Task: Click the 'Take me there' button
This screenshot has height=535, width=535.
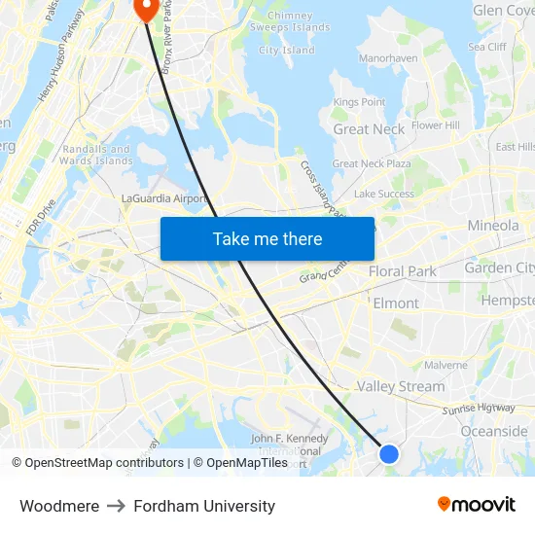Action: [267, 238]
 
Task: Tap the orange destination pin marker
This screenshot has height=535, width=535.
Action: [146, 9]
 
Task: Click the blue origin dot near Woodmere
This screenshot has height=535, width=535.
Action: [388, 453]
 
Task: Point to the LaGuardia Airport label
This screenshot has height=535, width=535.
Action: [163, 198]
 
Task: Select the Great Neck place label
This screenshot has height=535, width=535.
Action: [369, 129]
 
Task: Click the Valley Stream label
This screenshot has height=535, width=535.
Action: [400, 386]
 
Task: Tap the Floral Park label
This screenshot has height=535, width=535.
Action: [403, 271]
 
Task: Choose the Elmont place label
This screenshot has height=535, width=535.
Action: [396, 303]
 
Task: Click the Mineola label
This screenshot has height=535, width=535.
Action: [493, 226]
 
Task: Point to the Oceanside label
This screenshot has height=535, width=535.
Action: [494, 431]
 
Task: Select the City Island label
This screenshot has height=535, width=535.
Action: [287, 51]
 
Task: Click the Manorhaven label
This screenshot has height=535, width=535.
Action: [388, 58]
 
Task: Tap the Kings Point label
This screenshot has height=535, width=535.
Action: [359, 102]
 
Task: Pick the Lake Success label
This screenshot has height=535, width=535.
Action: [383, 194]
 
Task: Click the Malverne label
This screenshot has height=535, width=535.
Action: [446, 365]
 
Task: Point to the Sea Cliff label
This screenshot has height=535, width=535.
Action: [487, 47]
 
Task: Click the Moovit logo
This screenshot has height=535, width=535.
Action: [477, 504]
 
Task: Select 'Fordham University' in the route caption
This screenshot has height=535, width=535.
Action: [204, 506]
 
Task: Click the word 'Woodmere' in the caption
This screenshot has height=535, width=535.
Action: [59, 506]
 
